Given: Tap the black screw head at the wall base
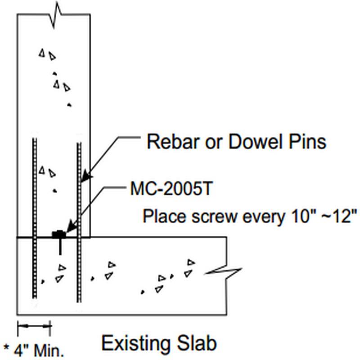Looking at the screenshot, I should pyautogui.click(x=58, y=234).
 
